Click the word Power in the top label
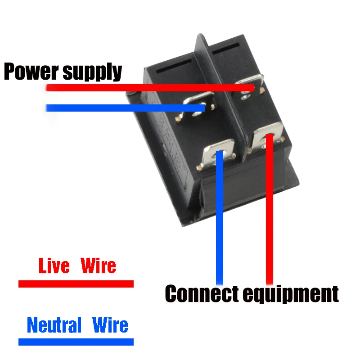(31, 72)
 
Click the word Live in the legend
(54, 266)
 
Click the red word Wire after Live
(98, 266)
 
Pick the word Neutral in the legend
(54, 325)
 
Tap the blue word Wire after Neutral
(110, 325)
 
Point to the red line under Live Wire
(76, 283)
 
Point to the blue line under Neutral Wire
(76, 342)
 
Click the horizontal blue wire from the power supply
(121, 108)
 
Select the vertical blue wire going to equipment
(220, 225)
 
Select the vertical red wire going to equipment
(270, 216)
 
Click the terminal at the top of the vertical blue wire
(220, 153)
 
